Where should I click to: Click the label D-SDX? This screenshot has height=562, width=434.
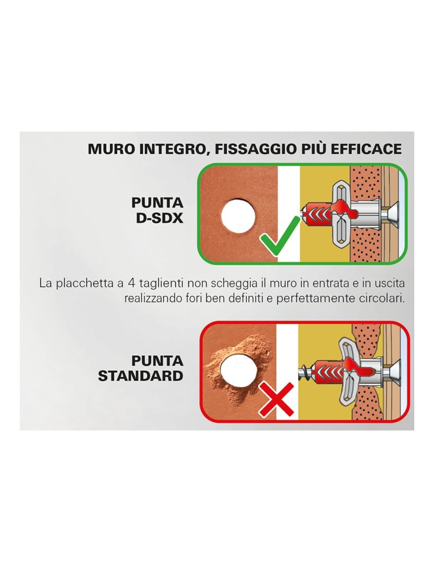coord(159,218)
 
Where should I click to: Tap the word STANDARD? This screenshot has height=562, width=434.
coord(141,376)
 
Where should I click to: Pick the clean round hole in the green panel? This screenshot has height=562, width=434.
coord(238,215)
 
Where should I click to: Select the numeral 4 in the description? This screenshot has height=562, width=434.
coord(132,283)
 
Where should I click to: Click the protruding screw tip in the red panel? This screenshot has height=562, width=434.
coord(305,372)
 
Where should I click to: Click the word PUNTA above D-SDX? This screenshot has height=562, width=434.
coord(157,203)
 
